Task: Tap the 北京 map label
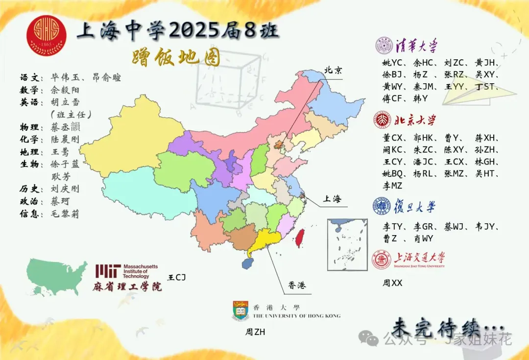coord(333,70)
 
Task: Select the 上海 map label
coord(331,199)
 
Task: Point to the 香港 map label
coord(297,285)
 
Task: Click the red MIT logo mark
coord(108,271)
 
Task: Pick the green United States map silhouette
coord(56,276)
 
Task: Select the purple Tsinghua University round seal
coord(384,46)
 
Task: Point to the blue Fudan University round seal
coord(382,206)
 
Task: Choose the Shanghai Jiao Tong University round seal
coord(382,260)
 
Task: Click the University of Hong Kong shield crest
coord(240,311)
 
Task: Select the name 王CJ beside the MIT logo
coord(177,278)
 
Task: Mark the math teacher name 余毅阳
coord(65,90)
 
